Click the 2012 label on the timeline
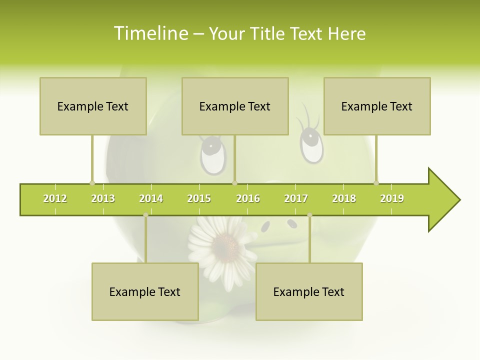pyautogui.click(x=55, y=198)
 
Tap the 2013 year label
pyautogui.click(x=103, y=198)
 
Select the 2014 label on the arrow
pyautogui.click(x=151, y=198)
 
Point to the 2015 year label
pyautogui.click(x=199, y=198)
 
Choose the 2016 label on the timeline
pyautogui.click(x=248, y=198)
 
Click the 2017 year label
pyautogui.click(x=296, y=198)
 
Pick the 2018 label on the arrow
pyautogui.click(x=344, y=198)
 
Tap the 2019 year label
pyautogui.click(x=392, y=198)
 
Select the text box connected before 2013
pyautogui.click(x=93, y=106)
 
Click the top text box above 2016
pyautogui.click(x=235, y=106)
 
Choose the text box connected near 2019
pyautogui.click(x=377, y=106)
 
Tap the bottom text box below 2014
pyautogui.click(x=145, y=291)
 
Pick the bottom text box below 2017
pyautogui.click(x=309, y=291)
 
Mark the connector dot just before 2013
pyautogui.click(x=92, y=183)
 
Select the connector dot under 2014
pyautogui.click(x=145, y=215)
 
